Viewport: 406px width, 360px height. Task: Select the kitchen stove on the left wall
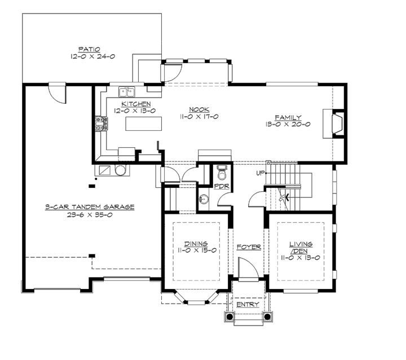(x=101, y=124)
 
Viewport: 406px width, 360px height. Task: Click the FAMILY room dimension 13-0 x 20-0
(x=288, y=125)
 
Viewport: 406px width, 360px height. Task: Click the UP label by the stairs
(x=259, y=172)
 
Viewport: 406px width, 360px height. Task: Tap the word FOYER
(x=248, y=247)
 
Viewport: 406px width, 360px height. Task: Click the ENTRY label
(x=248, y=305)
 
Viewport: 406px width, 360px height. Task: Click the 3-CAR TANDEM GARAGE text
(x=90, y=207)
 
